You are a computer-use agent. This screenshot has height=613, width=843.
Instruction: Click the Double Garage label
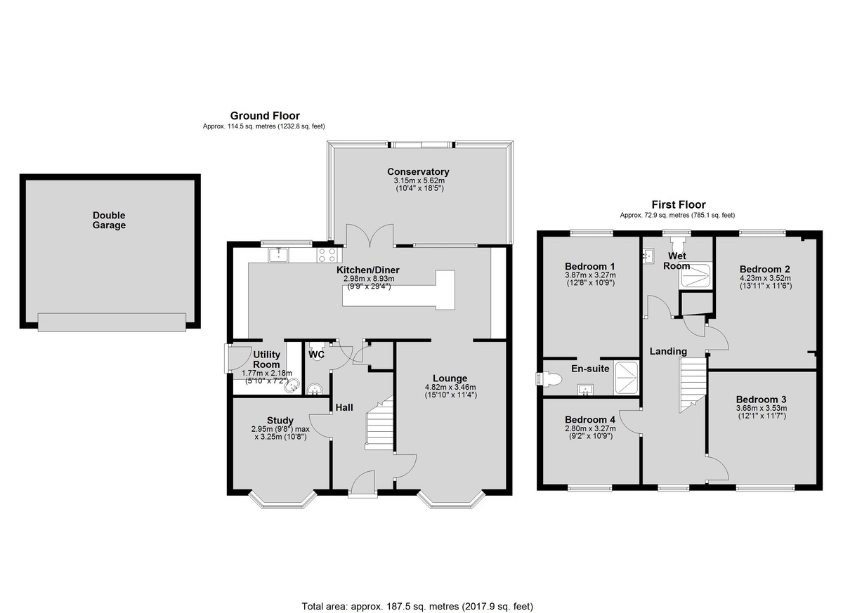tap(109, 220)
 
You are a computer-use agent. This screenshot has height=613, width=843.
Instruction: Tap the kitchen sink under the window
tap(278, 255)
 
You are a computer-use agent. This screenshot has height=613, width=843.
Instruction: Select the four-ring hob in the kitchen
tap(327, 255)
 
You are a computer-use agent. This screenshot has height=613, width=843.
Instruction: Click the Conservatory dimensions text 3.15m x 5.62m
tap(419, 180)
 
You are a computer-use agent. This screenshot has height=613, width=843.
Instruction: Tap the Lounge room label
tap(450, 378)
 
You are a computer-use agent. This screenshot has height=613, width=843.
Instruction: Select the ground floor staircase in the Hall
tap(379, 423)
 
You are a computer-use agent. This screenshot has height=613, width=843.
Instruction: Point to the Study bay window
tap(282, 500)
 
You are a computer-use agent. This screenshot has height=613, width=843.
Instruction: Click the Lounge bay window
tap(451, 500)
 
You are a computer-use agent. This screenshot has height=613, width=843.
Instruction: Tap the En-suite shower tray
tap(626, 378)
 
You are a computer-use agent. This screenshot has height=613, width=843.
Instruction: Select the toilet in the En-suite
tap(549, 378)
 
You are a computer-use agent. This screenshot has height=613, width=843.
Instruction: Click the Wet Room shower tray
tap(695, 276)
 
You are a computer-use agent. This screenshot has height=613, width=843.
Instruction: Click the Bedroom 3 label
tap(761, 400)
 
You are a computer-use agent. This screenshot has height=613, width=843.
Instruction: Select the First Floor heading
tap(679, 204)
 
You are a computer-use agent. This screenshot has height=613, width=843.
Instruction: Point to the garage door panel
tap(112, 322)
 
